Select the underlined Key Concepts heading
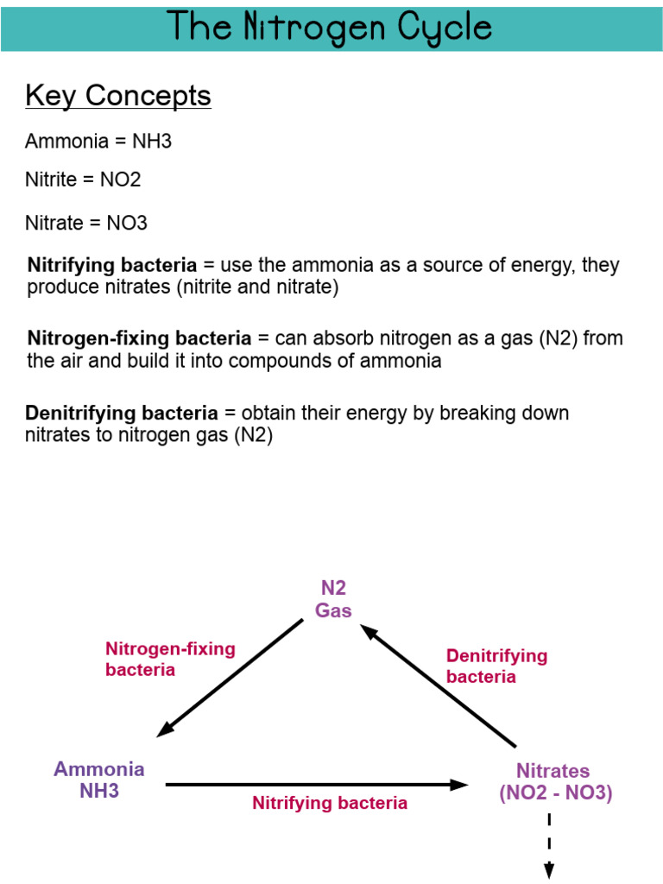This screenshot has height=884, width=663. [x=118, y=96]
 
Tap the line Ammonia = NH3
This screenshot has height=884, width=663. [x=98, y=141]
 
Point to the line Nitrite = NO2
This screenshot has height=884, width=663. [x=83, y=180]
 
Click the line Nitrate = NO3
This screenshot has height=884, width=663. [x=86, y=223]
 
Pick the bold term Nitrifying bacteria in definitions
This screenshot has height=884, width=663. [x=112, y=265]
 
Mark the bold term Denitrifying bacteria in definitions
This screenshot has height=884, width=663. [x=122, y=414]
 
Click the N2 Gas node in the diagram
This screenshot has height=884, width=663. [x=333, y=599]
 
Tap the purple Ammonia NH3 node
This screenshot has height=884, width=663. [x=98, y=780]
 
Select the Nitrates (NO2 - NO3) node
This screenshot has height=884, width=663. [x=554, y=782]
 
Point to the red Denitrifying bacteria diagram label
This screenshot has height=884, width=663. [x=496, y=666]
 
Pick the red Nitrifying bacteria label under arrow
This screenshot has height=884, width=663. [x=330, y=803]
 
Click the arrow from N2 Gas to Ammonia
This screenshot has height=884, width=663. [x=231, y=677]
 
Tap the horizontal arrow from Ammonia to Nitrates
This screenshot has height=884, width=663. [x=316, y=784]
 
